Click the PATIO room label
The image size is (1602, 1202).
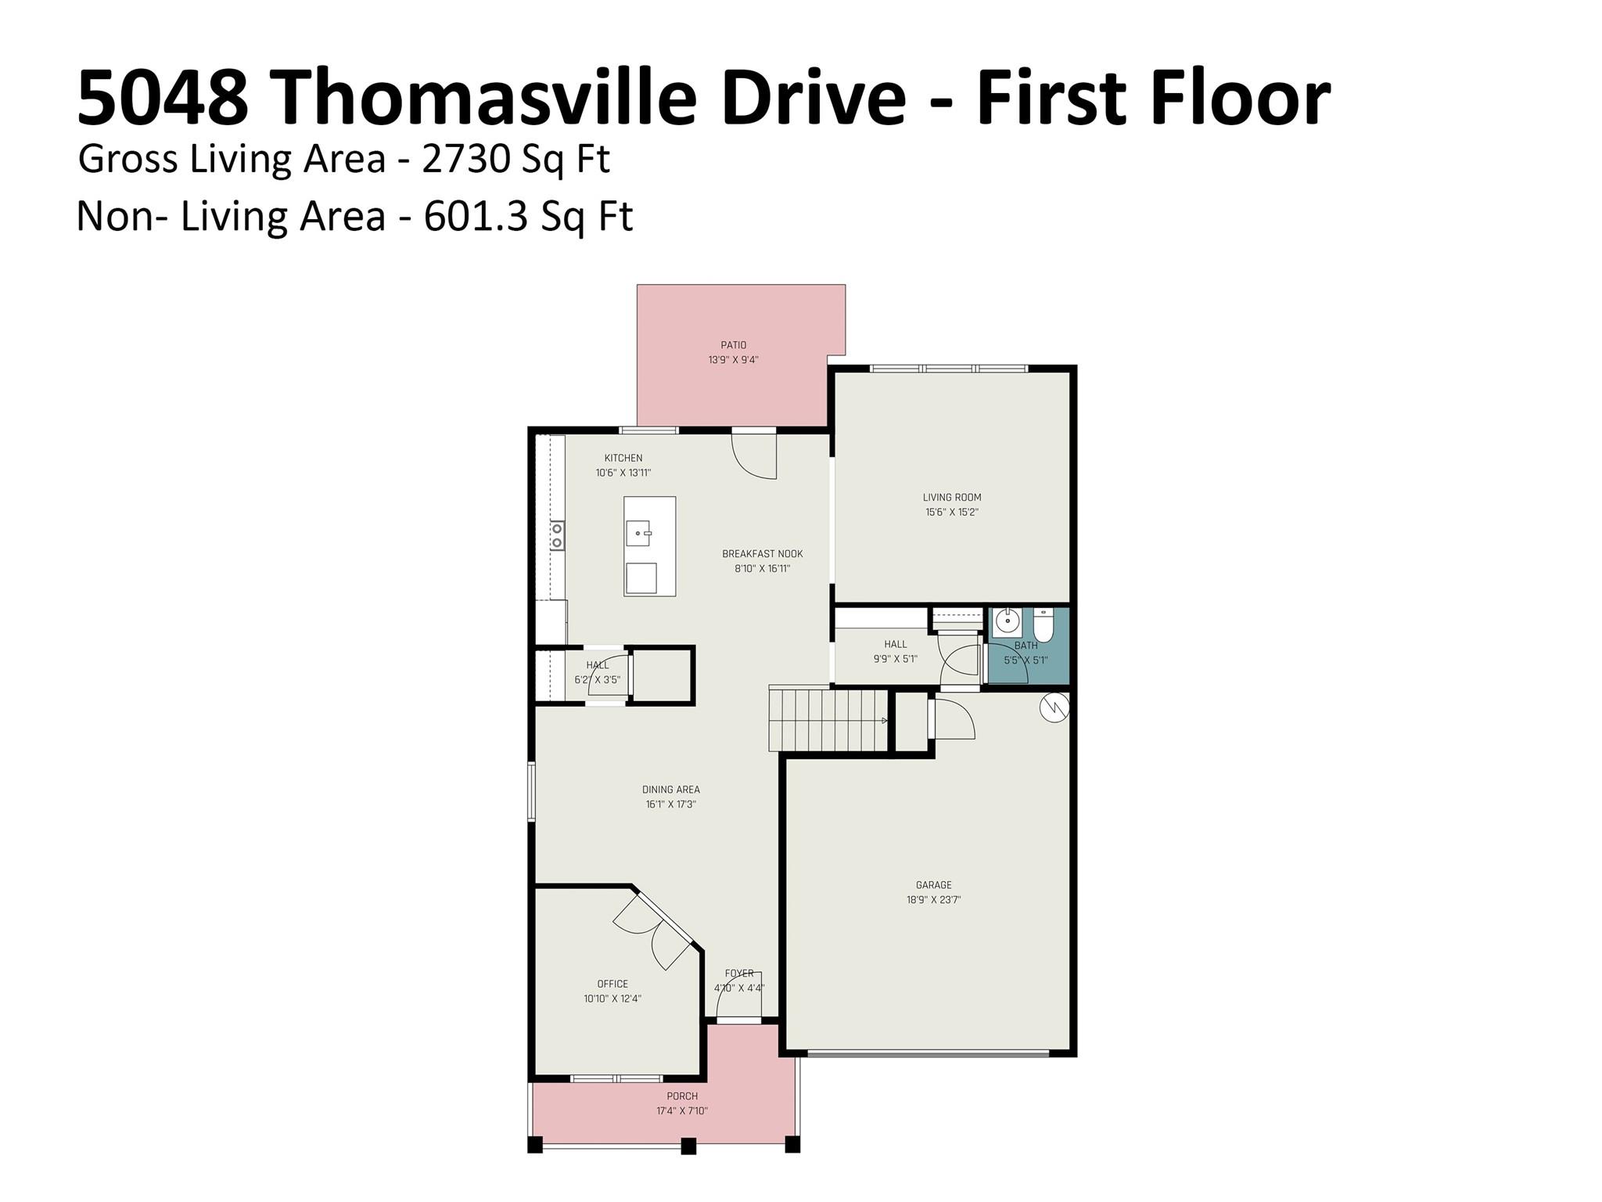pos(733,345)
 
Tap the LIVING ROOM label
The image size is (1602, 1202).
pos(951,498)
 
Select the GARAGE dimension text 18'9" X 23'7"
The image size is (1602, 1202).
pos(933,900)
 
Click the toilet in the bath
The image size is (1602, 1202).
pos(1043,625)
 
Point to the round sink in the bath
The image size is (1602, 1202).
pos(1008,623)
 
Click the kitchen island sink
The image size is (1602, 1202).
pos(638,535)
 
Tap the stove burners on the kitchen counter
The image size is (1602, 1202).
pos(557,536)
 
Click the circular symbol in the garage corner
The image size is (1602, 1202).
pos(1054,707)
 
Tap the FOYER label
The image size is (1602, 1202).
pos(739,973)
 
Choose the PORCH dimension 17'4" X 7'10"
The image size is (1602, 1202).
pos(682,1111)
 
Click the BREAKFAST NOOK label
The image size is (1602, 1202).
pos(762,554)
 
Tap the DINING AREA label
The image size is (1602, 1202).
pos(670,790)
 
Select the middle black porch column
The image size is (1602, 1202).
pos(688,1146)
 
